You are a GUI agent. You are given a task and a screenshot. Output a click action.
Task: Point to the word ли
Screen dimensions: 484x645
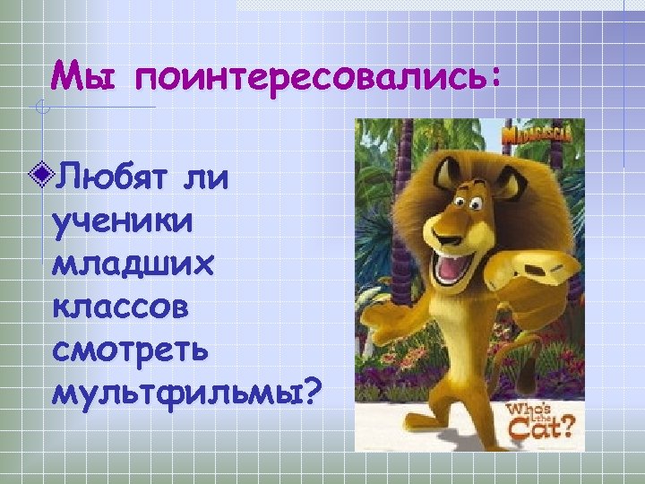point(207,174)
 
